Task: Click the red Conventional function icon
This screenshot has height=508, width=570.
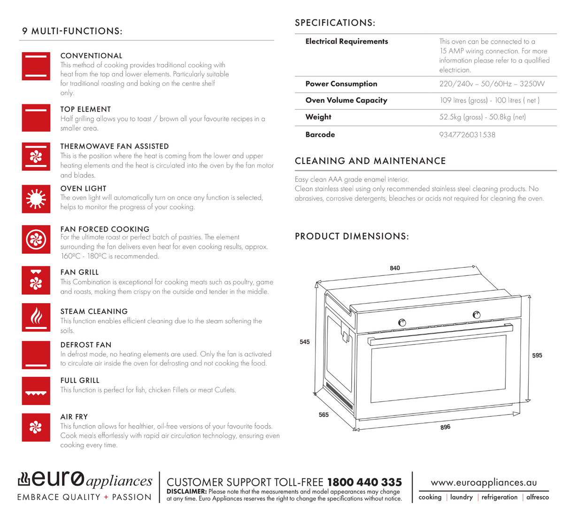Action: point(36,66)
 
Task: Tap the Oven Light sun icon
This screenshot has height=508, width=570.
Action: point(36,199)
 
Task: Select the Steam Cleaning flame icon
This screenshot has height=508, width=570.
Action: point(36,317)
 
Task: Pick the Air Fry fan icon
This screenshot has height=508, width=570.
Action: point(36,427)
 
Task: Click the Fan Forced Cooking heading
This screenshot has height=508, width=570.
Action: point(105,229)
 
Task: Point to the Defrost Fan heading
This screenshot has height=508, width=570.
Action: point(86,344)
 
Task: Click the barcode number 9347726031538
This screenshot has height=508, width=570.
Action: point(467,135)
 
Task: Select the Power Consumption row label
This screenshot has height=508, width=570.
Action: point(341,84)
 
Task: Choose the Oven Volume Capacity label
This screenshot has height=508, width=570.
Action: point(346,100)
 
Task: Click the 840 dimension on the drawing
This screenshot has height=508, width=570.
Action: point(395,268)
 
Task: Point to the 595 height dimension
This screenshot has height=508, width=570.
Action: point(537,355)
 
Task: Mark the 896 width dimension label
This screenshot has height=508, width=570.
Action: point(445,427)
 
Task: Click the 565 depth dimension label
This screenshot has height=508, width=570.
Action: point(324,414)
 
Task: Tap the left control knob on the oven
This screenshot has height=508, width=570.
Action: point(402,322)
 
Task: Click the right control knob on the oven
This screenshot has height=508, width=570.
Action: point(477,315)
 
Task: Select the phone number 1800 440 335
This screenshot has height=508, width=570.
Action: point(364,482)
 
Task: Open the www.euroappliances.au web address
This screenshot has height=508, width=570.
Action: point(484,483)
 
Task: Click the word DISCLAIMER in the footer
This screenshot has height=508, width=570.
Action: point(187,492)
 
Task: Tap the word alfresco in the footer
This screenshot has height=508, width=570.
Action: point(537,497)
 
